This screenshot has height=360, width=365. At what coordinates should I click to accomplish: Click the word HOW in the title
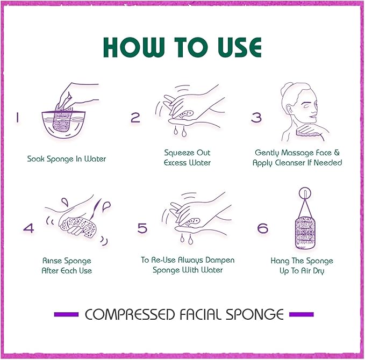click(x=132, y=47)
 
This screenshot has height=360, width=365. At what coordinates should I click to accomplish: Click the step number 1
click(x=17, y=118)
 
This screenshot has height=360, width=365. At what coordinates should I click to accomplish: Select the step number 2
click(x=135, y=118)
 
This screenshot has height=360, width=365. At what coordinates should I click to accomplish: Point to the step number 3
click(x=256, y=118)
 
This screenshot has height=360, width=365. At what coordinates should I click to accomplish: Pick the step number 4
click(x=28, y=228)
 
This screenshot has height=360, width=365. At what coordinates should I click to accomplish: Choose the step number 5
click(x=142, y=228)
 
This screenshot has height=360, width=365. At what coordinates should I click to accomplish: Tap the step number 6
click(x=262, y=228)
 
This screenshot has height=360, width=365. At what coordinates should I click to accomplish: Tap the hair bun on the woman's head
click(x=287, y=87)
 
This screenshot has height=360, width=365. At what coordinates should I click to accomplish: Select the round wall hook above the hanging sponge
click(x=305, y=193)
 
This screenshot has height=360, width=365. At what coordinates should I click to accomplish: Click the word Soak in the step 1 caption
click(x=36, y=159)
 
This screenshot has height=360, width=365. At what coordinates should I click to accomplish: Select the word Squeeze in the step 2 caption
click(x=179, y=153)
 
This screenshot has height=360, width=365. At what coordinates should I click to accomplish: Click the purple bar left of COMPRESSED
click(x=66, y=314)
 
